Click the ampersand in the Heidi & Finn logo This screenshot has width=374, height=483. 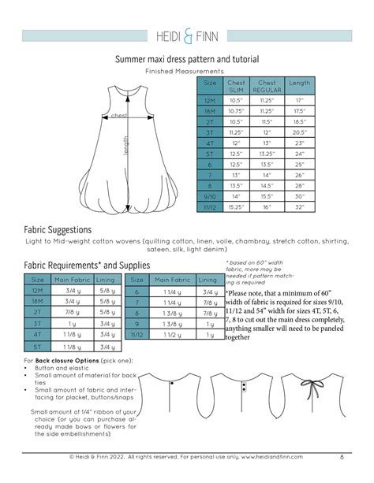tap(187, 35)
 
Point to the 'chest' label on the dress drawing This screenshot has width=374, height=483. tap(119, 116)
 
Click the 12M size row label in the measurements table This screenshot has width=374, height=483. tap(210, 101)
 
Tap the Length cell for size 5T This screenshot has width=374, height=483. tap(299, 154)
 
